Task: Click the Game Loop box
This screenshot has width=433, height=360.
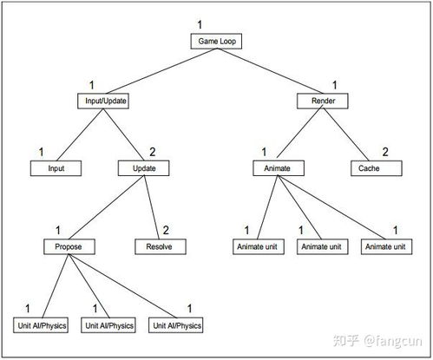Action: coord(216,42)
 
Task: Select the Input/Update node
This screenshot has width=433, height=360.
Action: coord(103,101)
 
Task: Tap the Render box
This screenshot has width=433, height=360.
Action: coord(323,101)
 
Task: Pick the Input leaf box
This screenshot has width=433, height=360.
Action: coord(56,168)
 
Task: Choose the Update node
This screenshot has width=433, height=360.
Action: coord(144,168)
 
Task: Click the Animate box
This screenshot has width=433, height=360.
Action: coord(279,168)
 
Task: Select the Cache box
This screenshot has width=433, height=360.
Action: coord(377,168)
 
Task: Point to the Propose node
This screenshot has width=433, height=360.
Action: coord(69,246)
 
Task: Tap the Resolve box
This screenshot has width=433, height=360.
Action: coord(161,246)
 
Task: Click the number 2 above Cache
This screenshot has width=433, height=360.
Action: coord(385,152)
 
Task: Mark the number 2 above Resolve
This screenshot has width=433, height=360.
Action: coord(166,230)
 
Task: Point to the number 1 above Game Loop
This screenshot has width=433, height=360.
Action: coord(200,24)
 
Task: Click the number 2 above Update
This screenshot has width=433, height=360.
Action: coord(153,152)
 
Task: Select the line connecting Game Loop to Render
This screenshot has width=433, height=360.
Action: coord(270,71)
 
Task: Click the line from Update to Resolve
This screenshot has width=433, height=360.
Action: coord(152,207)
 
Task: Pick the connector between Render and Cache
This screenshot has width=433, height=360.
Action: coord(346,134)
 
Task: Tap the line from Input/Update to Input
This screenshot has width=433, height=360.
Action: coord(80,134)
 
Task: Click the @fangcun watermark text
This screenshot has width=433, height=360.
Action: coord(392,341)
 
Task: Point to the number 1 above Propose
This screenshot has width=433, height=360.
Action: coord(58,230)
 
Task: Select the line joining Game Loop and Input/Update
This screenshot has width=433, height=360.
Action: coord(161,71)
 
